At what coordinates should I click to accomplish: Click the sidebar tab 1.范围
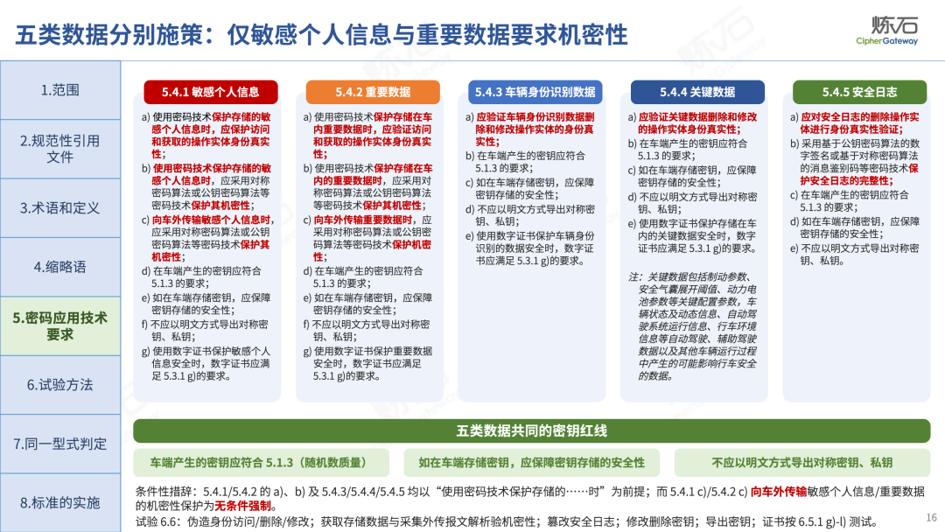click(60, 90)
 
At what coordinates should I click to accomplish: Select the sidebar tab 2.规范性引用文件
click(60, 149)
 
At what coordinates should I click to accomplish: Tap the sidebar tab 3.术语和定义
click(60, 208)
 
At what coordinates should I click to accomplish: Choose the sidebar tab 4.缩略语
click(60, 267)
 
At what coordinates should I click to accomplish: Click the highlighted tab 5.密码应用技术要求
click(60, 326)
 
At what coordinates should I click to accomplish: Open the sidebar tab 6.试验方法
click(60, 385)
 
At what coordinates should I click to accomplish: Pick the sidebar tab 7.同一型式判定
click(60, 444)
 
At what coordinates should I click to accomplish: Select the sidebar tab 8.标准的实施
click(60, 502)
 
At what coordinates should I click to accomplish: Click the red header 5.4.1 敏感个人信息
click(210, 92)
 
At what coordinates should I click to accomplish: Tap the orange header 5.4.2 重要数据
click(373, 92)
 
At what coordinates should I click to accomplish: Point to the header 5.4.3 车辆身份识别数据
click(535, 92)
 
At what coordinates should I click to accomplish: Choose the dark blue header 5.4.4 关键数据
click(697, 92)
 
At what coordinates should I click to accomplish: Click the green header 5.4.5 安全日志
click(859, 92)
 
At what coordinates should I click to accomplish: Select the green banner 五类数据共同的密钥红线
click(532, 430)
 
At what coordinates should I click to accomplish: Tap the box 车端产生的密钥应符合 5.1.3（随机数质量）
click(261, 463)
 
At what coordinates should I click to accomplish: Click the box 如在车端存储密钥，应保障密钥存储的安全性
click(532, 463)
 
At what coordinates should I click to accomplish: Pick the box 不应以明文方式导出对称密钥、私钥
click(802, 463)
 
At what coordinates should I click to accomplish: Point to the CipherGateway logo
click(887, 31)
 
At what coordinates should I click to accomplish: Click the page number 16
click(931, 517)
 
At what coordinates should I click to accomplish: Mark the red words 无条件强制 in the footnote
click(243, 506)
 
